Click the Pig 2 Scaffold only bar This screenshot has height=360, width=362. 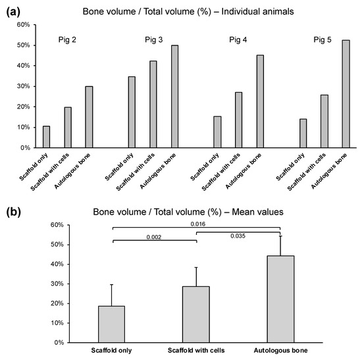pyautogui.click(x=46, y=137)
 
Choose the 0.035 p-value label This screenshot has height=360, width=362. pyautogui.click(x=239, y=236)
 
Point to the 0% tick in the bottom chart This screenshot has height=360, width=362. pyautogui.click(x=56, y=343)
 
